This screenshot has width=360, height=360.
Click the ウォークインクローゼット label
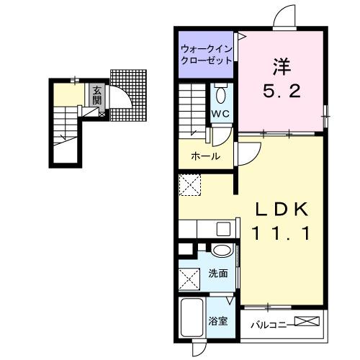(207, 55)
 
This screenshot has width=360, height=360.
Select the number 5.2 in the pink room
(279, 92)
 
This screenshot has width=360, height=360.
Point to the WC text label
(220, 114)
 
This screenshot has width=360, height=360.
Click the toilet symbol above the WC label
(221, 94)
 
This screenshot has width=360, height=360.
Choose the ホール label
(205, 156)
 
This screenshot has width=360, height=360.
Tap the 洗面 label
(218, 274)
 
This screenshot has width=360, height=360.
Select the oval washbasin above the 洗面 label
(223, 251)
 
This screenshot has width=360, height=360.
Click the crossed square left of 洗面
(190, 277)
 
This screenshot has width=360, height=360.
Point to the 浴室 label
(218, 320)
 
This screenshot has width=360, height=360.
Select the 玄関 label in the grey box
(96, 95)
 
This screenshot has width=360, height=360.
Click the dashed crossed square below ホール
(191, 186)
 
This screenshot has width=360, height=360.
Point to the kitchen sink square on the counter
(223, 229)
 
